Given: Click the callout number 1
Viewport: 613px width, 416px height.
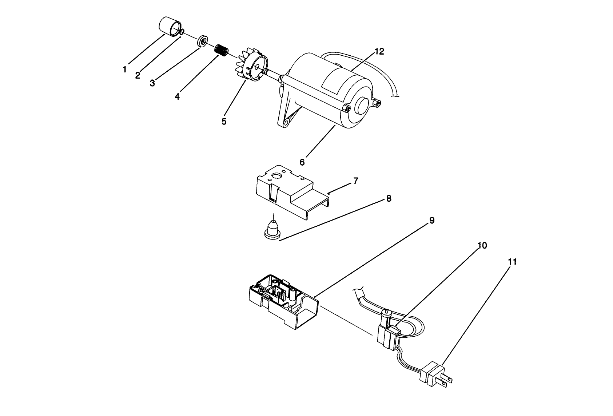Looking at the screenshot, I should (x=125, y=69).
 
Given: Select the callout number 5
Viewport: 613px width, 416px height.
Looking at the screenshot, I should (x=224, y=121).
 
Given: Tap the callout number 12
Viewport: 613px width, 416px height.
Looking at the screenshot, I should (x=379, y=52).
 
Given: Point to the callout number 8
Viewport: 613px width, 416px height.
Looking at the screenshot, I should (x=389, y=199).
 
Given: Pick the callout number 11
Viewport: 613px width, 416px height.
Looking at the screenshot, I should (x=512, y=262).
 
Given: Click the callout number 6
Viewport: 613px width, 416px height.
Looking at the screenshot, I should (x=302, y=162).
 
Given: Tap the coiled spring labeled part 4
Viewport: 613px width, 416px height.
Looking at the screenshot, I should (x=220, y=50).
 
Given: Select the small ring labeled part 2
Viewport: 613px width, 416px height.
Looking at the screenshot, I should (x=182, y=32).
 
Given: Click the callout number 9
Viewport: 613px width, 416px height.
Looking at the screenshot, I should (x=432, y=221).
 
